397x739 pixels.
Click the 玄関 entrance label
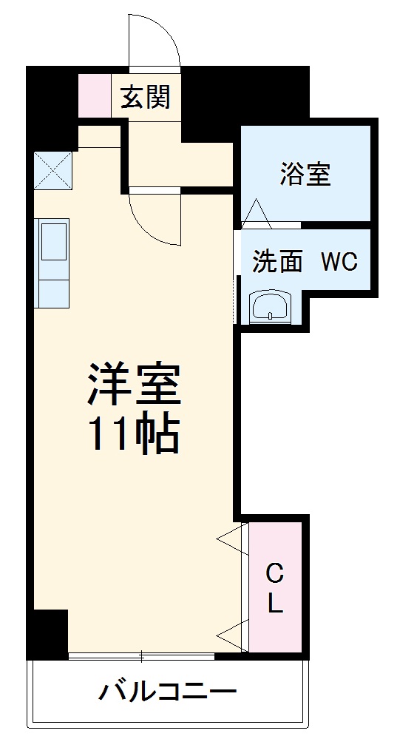tap(146, 97)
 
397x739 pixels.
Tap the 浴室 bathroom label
tap(305, 174)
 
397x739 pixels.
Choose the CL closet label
tap(275, 588)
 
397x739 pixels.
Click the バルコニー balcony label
tap(168, 692)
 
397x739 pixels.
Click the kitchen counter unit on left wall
tap(52, 262)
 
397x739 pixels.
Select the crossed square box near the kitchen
tap(52, 169)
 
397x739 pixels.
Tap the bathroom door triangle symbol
tap(257, 212)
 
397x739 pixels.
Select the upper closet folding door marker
tap(234, 540)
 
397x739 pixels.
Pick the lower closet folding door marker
tap(234, 632)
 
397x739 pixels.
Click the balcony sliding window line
tap(141, 655)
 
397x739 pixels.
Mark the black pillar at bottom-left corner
tap(49, 632)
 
